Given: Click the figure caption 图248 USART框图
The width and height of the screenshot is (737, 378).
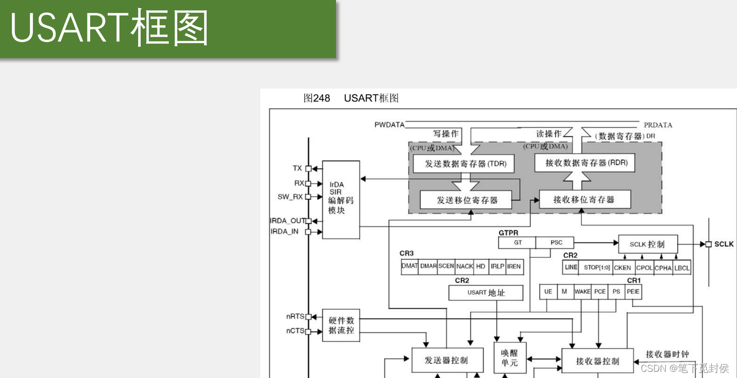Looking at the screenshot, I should click(350, 98).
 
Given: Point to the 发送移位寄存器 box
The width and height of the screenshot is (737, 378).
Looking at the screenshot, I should click(466, 200).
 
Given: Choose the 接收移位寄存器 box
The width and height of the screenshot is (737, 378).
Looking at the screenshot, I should click(584, 199).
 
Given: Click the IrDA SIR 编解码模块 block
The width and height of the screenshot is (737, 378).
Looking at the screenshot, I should click(341, 199).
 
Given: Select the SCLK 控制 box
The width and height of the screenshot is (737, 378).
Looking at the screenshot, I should click(648, 244).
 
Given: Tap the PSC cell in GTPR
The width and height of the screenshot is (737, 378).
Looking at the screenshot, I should click(556, 243).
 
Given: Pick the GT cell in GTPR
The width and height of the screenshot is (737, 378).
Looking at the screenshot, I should click(517, 243).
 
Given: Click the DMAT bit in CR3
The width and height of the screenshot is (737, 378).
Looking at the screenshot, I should click(409, 266).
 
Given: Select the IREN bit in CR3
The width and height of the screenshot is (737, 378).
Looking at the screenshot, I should click(514, 266).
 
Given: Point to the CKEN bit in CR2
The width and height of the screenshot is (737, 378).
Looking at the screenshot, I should click(622, 268).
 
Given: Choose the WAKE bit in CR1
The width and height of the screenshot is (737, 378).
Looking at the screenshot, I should click(582, 291).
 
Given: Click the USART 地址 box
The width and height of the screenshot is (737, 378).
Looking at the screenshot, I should click(485, 293).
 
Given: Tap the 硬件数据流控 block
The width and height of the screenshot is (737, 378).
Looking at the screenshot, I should click(341, 325).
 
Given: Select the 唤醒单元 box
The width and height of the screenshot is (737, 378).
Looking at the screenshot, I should click(509, 357).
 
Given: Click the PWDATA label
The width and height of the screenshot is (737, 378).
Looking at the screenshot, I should click(389, 125).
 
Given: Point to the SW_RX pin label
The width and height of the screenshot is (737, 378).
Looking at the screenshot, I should click(290, 197).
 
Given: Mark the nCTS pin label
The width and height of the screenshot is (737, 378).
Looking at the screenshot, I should click(295, 331).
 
